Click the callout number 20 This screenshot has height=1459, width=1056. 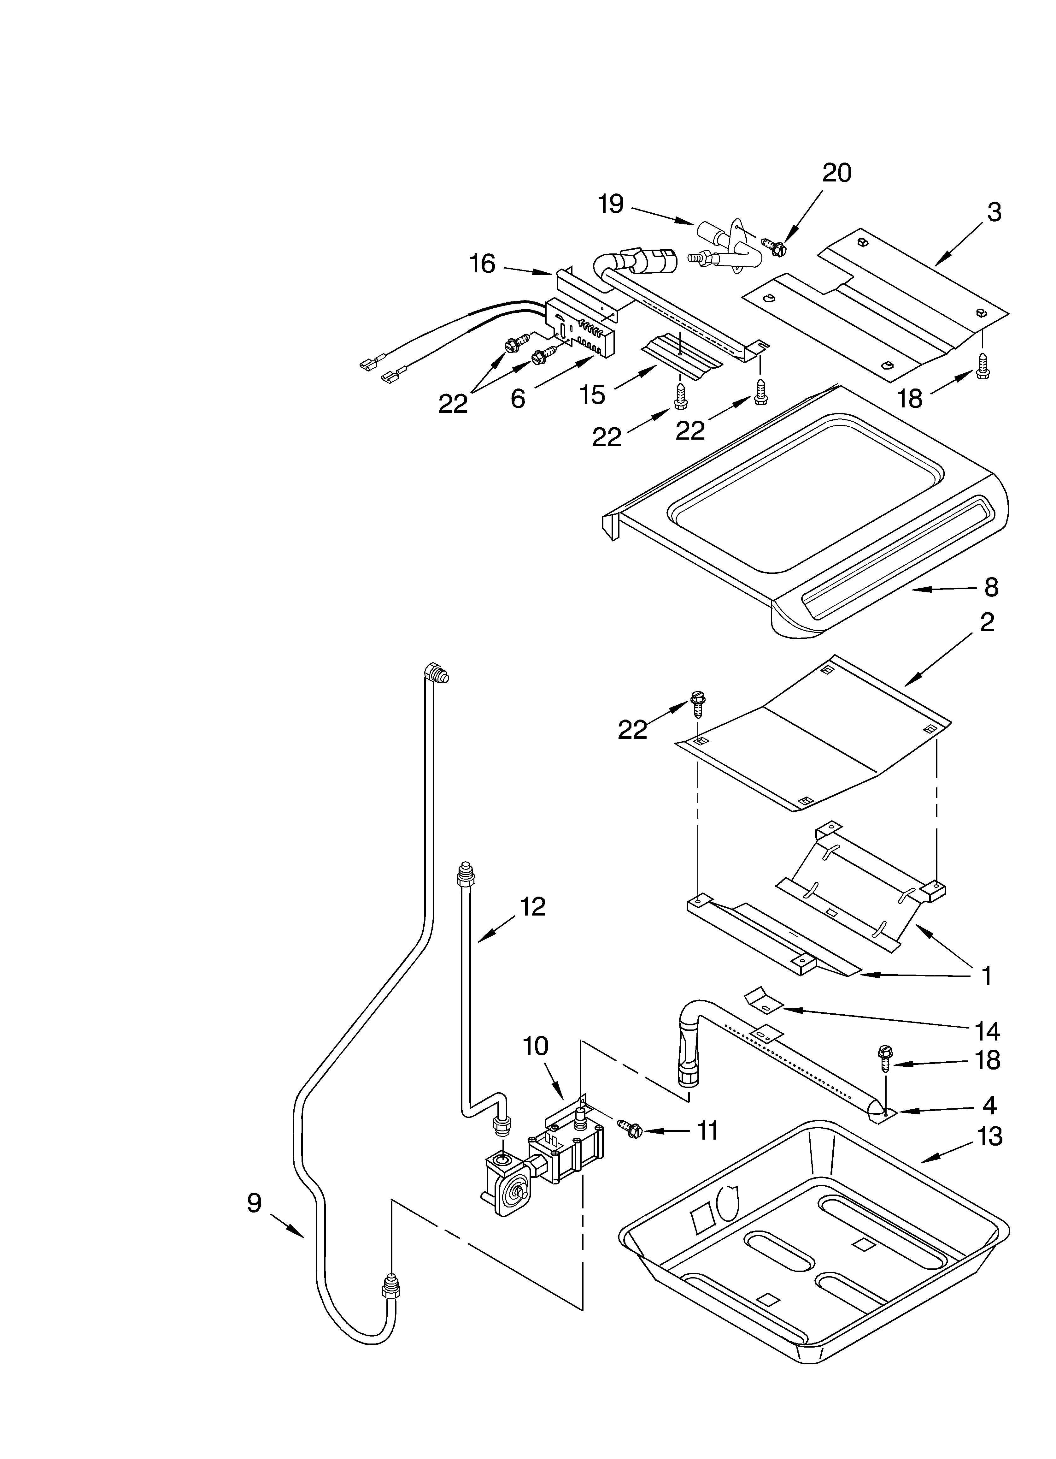pyautogui.click(x=837, y=173)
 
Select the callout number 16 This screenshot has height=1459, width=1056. pyautogui.click(x=482, y=264)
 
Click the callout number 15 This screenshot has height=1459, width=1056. pyautogui.click(x=592, y=395)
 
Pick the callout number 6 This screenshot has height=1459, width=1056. pyautogui.click(x=518, y=399)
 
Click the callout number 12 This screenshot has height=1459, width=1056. pyautogui.click(x=532, y=906)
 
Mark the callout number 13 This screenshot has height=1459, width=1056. pyautogui.click(x=990, y=1137)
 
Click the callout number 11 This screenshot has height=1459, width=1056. pyautogui.click(x=707, y=1131)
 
